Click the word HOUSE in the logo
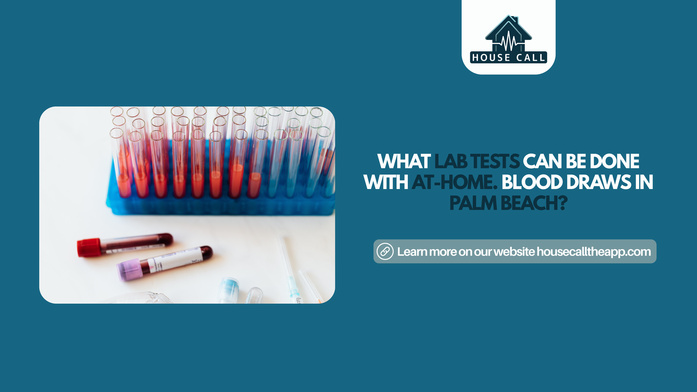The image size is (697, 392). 491,57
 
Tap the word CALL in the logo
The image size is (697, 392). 531,57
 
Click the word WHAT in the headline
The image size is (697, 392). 404,162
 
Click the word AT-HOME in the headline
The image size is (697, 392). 452,182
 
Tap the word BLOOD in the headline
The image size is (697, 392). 532,182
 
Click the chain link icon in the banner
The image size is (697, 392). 385,251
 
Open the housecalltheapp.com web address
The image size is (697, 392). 594,252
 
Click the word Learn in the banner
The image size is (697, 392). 412,252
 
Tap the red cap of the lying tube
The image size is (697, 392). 88,247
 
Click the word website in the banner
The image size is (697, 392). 514,252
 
